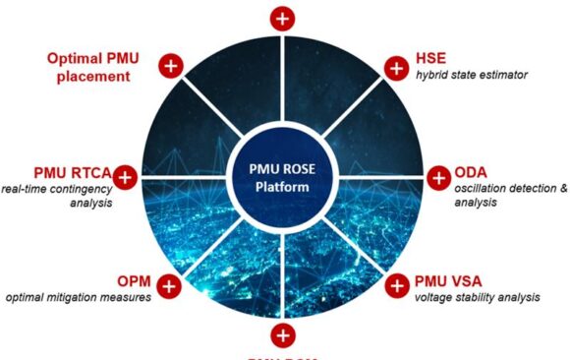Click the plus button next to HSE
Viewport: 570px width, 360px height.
click(x=395, y=68)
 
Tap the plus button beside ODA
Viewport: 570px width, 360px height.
click(x=438, y=178)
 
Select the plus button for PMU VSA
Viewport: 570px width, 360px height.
click(x=395, y=286)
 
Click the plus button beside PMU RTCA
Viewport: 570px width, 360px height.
click(x=126, y=177)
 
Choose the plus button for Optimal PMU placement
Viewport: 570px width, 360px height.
click(x=171, y=67)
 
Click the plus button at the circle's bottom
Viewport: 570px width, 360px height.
click(x=283, y=335)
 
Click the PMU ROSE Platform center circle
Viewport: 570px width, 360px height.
click(x=283, y=178)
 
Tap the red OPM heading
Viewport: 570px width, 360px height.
click(x=133, y=279)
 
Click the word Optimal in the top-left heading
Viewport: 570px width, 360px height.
click(x=75, y=55)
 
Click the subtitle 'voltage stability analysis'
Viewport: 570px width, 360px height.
click(x=478, y=297)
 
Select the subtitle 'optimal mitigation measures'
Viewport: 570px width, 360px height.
click(x=79, y=297)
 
